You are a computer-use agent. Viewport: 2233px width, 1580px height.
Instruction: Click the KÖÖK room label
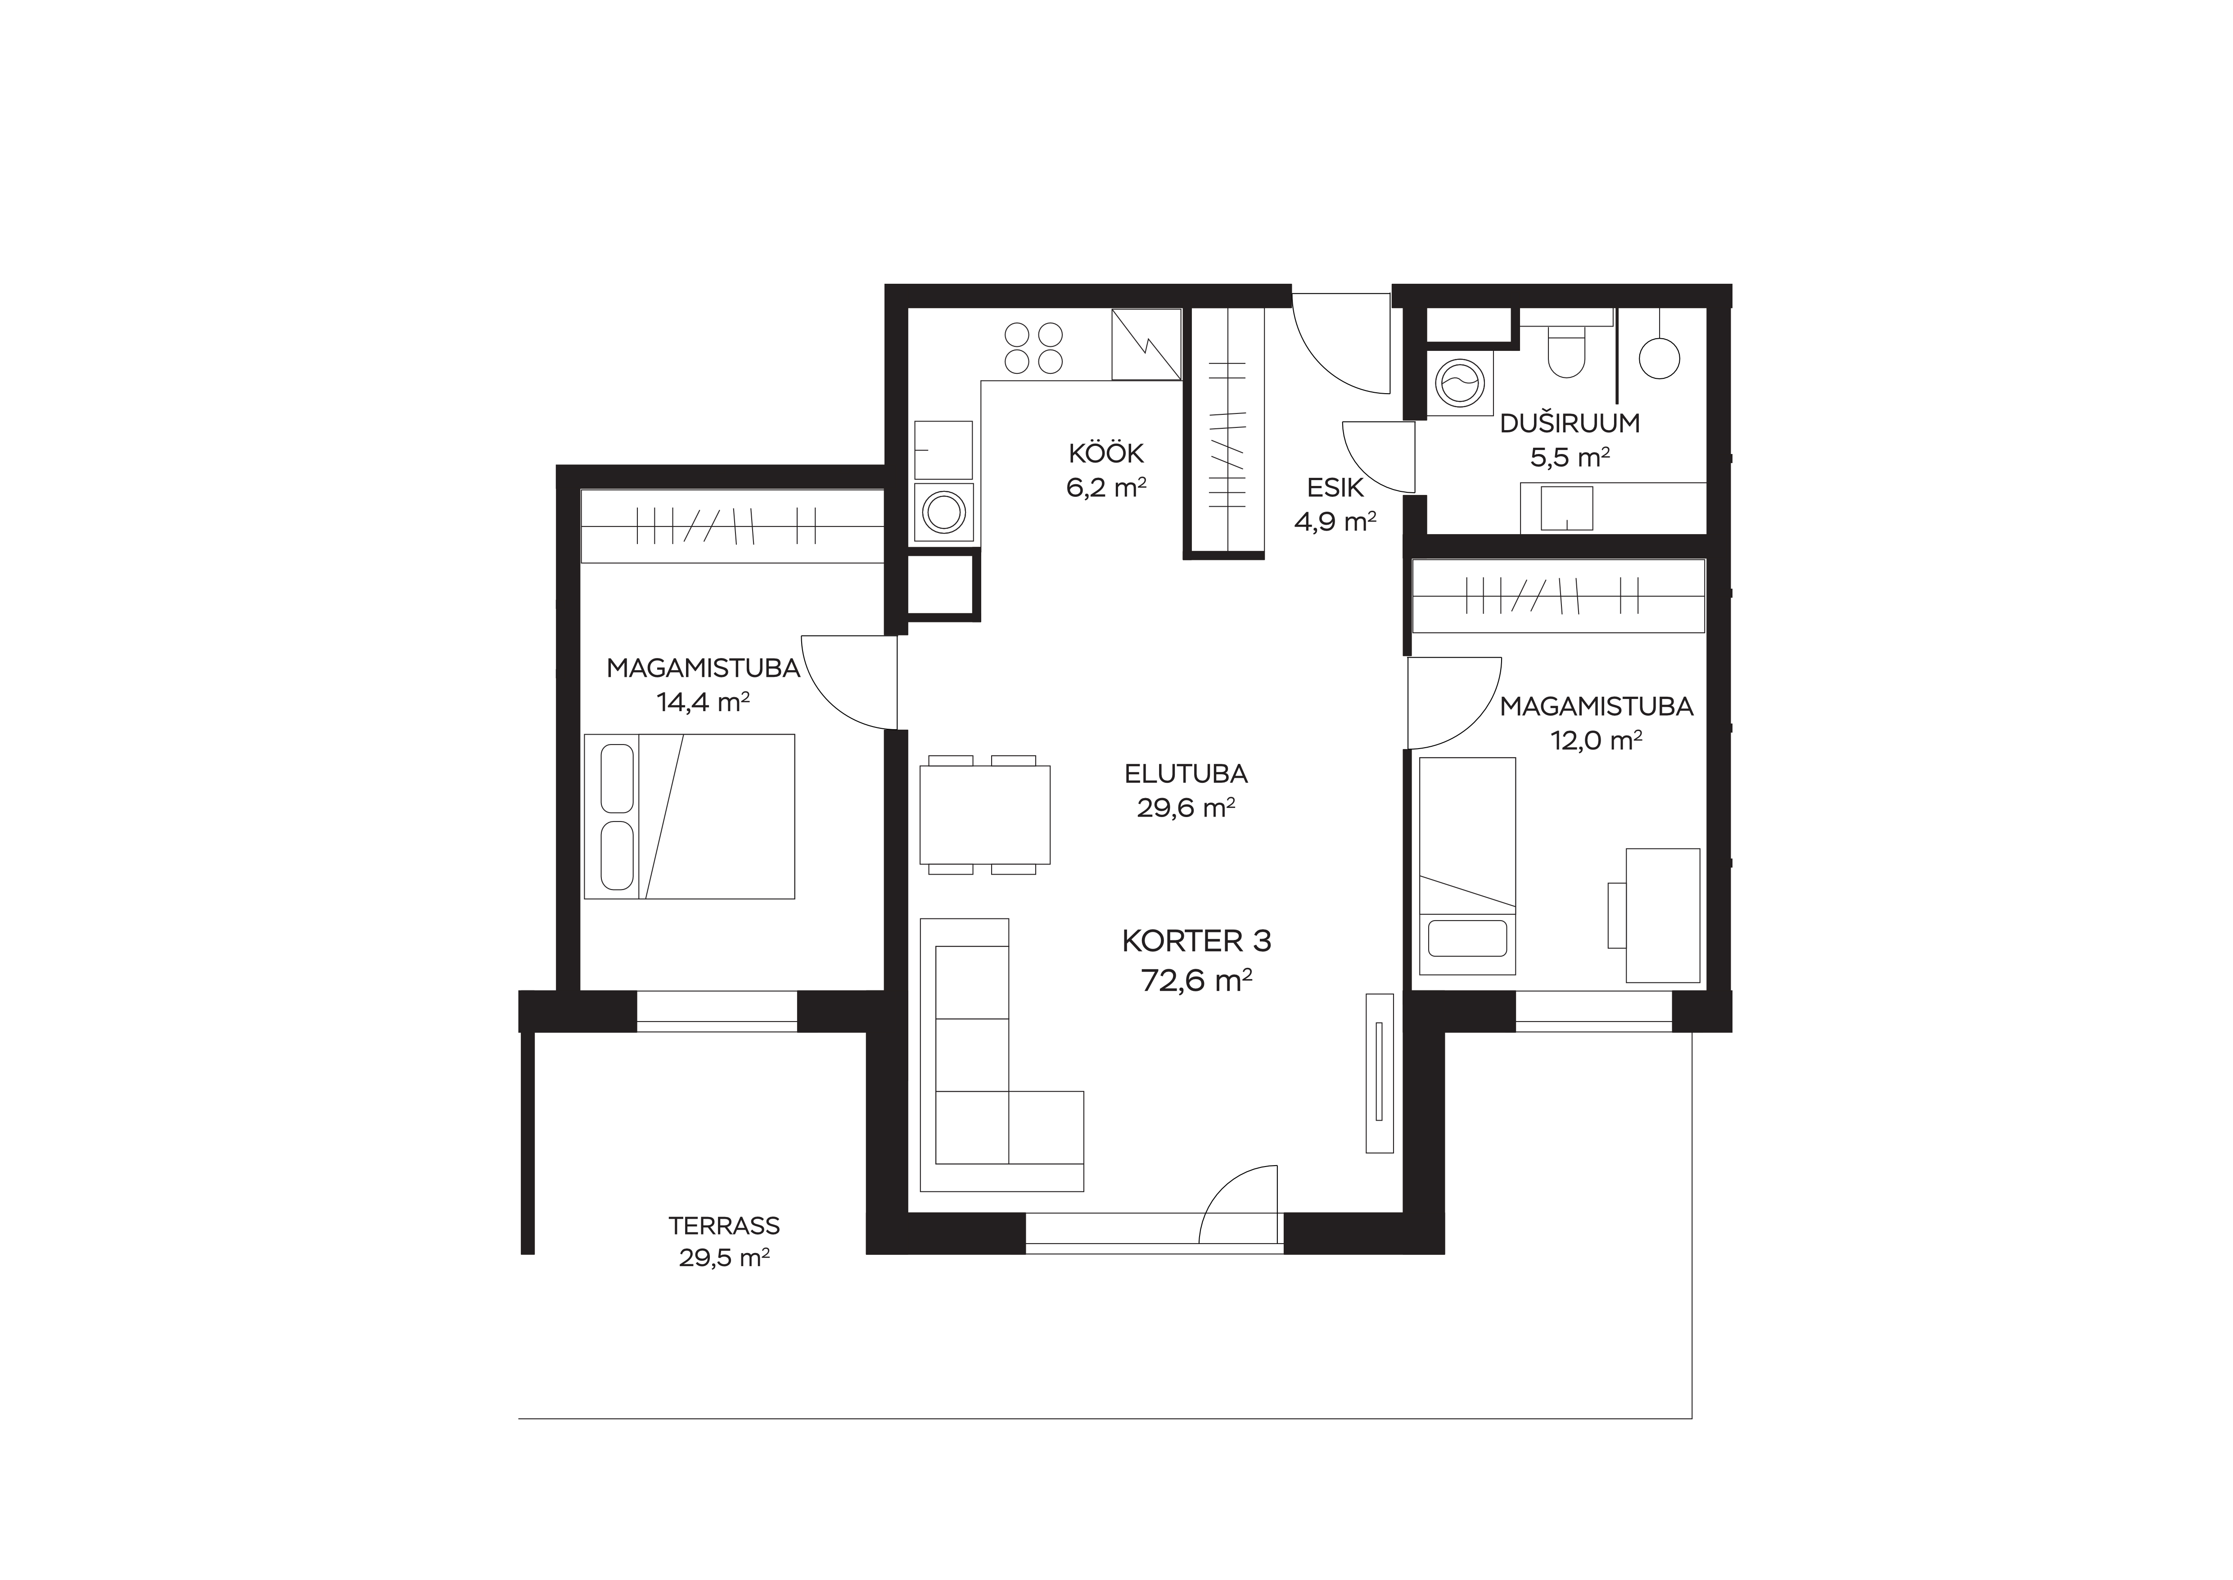click(x=1106, y=454)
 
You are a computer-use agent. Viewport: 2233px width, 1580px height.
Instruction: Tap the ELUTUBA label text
click(x=1186, y=774)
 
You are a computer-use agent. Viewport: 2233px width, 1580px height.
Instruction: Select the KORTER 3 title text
click(x=1196, y=941)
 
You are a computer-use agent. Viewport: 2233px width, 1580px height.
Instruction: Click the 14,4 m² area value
click(x=702, y=701)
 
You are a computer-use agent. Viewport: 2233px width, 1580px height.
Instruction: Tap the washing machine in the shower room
click(x=1459, y=381)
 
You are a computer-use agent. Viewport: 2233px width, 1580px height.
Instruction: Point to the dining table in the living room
click(x=984, y=814)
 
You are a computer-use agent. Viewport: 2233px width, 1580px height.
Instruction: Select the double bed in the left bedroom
click(x=689, y=816)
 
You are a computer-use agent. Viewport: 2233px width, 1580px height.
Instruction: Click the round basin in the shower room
click(x=1659, y=358)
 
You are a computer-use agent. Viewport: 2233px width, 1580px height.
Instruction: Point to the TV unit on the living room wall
click(x=1379, y=1072)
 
